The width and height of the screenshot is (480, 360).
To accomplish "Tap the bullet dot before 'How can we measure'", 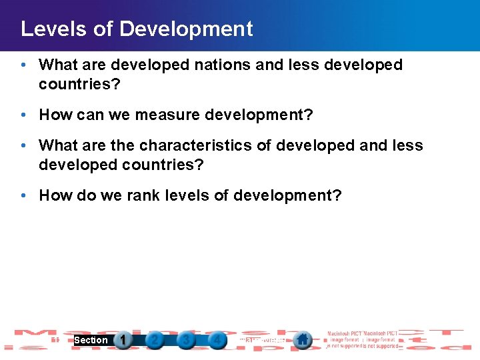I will point(24,115).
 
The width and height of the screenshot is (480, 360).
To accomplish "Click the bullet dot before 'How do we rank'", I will point(24,195).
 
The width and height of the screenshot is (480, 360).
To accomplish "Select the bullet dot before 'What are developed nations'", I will point(24,65).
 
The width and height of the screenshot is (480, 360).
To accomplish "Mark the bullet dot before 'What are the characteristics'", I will point(24,145).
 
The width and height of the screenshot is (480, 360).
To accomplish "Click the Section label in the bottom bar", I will point(91,340).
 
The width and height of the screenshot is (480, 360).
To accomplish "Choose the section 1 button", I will point(123,340).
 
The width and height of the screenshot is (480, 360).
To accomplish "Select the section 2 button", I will point(155,340).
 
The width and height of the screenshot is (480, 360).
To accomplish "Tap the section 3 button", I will point(186,340).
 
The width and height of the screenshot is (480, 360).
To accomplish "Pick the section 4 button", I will point(217,340).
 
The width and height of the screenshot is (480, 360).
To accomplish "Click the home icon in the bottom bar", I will point(303,340).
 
